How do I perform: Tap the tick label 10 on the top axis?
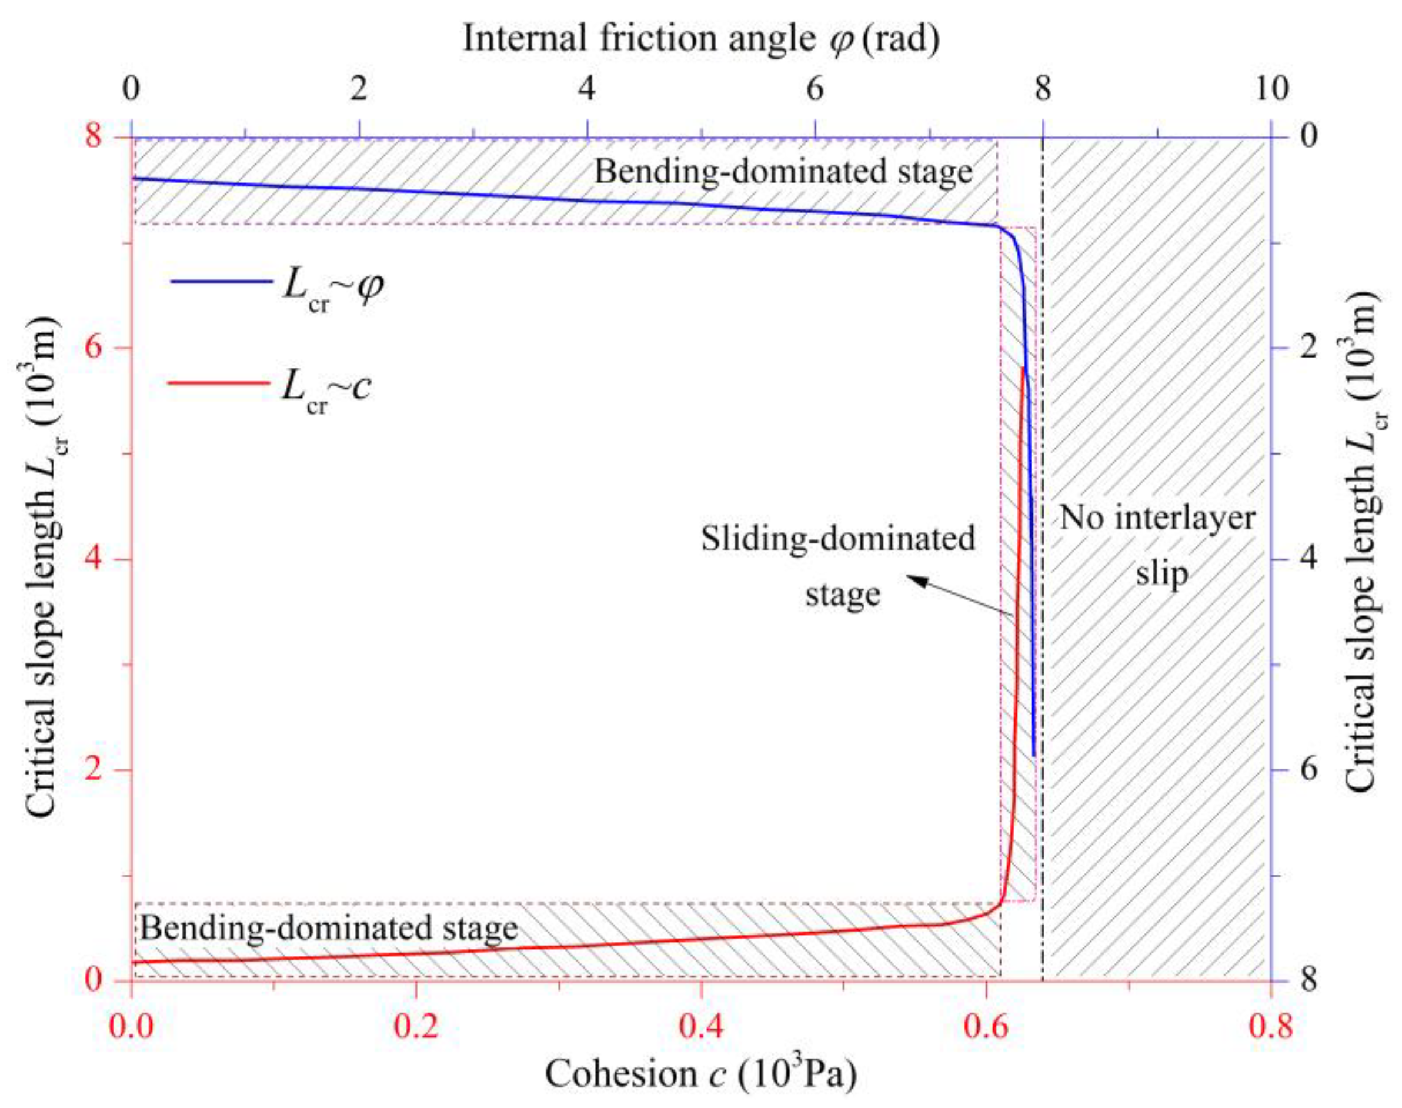[1271, 89]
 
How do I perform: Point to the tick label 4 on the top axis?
[586, 89]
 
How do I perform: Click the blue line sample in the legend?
[221, 281]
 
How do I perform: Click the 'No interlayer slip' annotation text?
[1157, 545]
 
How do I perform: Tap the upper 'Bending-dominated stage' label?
[783, 172]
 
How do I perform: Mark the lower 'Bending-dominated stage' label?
[329, 927]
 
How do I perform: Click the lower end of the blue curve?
[1033, 756]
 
